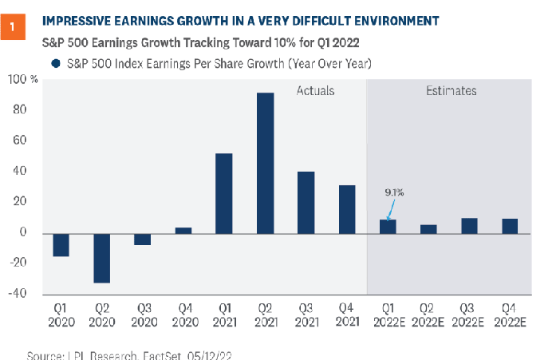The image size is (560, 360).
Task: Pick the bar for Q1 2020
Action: [60, 244]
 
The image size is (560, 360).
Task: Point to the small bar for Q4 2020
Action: [183, 230]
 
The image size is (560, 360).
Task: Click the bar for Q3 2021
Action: [306, 202]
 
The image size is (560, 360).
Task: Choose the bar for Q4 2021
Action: [346, 209]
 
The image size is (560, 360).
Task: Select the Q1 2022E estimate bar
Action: [387, 226]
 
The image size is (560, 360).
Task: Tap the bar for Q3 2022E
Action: [469, 225]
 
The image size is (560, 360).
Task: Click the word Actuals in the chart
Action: [315, 91]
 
